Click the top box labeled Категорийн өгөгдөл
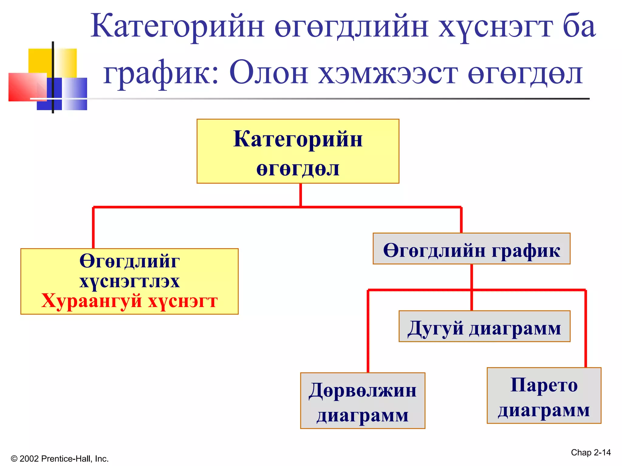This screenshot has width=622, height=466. (298, 151)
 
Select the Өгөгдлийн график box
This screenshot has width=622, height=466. (471, 249)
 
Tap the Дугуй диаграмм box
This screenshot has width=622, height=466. (484, 326)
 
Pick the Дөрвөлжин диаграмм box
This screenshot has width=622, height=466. (363, 401)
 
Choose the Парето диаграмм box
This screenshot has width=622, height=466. (544, 396)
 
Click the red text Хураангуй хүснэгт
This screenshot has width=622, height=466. (129, 301)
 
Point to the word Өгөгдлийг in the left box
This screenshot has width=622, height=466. (129, 261)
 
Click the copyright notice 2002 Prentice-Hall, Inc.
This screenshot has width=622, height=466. (60, 459)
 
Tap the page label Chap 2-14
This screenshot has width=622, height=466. (591, 453)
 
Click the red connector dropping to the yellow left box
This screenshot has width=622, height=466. (93, 228)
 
